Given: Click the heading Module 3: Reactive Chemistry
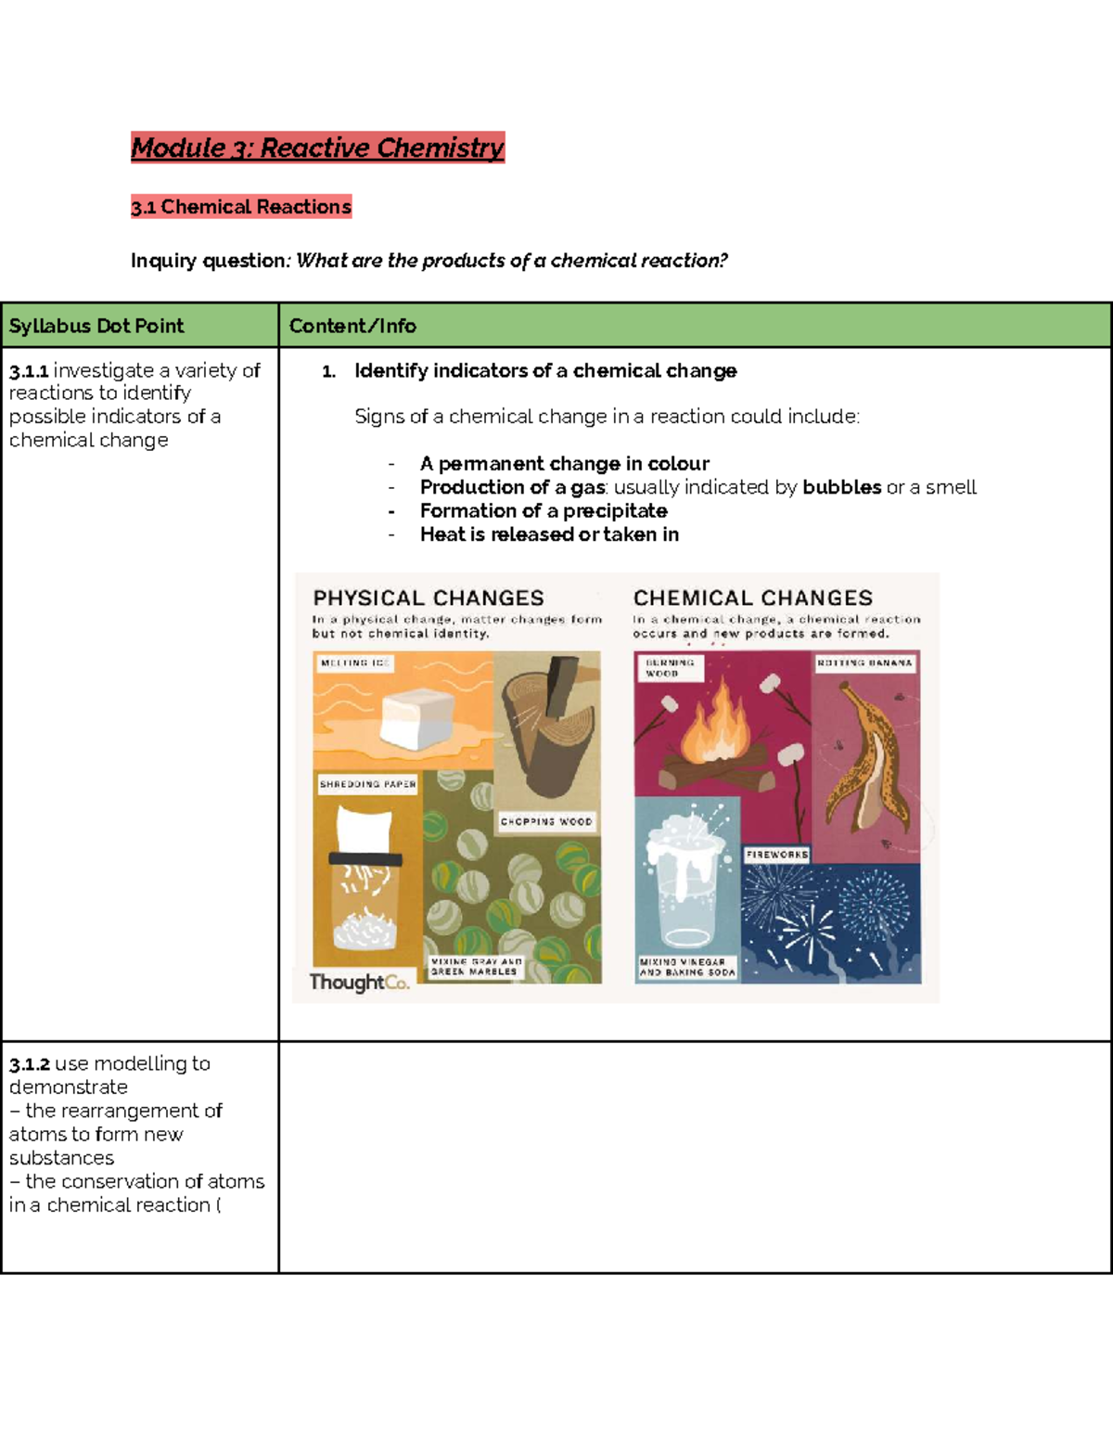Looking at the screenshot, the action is coord(317,148).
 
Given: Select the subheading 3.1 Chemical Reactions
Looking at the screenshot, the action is coord(241,207).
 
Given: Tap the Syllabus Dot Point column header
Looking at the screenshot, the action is coord(96,326).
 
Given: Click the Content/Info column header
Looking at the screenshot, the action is coord(352,326).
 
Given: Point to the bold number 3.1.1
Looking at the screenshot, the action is coord(29,371).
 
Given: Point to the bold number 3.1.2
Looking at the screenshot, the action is coord(30,1064).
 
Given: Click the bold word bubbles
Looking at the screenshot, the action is coord(841,487).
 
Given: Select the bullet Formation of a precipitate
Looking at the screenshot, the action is coord(543,511).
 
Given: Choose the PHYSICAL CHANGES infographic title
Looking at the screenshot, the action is coord(429,598).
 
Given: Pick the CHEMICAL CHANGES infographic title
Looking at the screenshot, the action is coord(753,598).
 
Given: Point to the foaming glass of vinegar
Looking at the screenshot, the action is coord(686,881).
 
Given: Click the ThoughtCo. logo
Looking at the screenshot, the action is coord(359,982).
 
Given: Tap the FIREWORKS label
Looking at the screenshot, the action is coord(777,855).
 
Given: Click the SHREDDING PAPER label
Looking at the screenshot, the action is coord(367,784).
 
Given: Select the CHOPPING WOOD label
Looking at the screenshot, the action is coord(546,821).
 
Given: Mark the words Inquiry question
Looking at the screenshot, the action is coord(210,261).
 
